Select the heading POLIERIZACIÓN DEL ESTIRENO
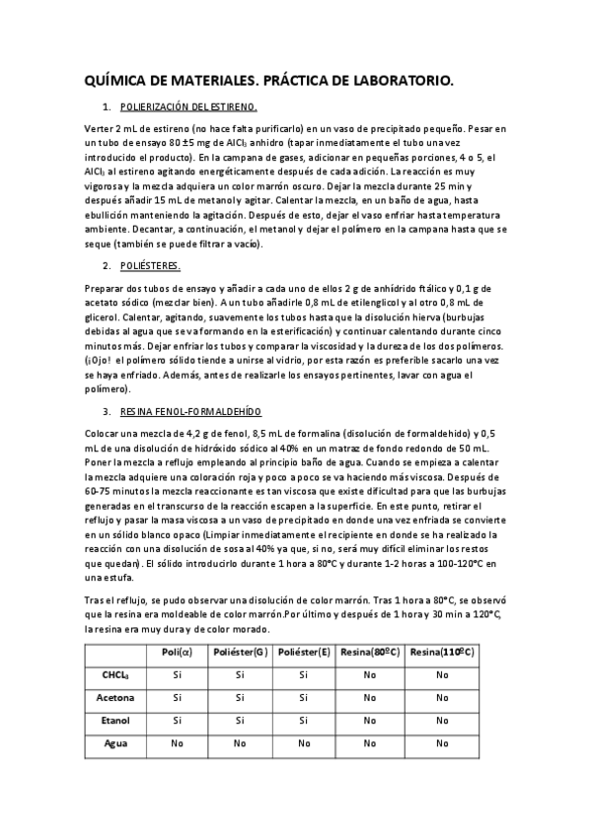[x=188, y=105]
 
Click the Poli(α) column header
[x=178, y=653]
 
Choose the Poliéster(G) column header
[x=241, y=653]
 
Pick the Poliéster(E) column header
[x=304, y=653]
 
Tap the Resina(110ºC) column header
[x=442, y=653]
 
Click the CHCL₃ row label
[x=116, y=675]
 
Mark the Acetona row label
[x=115, y=698]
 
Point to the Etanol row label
[x=115, y=721]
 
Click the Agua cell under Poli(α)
[x=178, y=743]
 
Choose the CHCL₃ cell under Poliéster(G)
[x=241, y=675]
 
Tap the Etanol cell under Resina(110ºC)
[x=442, y=721]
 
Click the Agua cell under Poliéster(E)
[x=304, y=743]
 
